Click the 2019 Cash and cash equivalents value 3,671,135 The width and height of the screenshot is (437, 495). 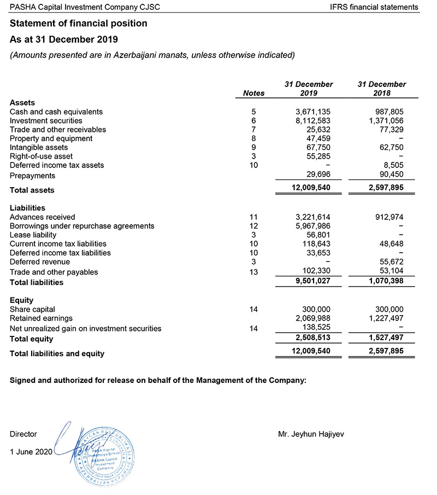click(x=313, y=112)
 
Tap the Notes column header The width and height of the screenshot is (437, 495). click(x=253, y=93)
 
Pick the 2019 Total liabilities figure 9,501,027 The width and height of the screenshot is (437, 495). click(x=312, y=282)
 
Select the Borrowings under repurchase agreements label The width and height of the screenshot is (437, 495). click(x=82, y=226)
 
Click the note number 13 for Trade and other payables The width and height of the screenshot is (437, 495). click(x=253, y=272)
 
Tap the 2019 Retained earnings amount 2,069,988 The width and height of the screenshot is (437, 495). click(x=313, y=318)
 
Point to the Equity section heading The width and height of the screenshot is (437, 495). click(x=22, y=300)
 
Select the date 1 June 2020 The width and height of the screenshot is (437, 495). click(x=31, y=452)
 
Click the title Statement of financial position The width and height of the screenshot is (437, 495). click(x=79, y=24)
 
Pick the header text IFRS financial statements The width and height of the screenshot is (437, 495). click(x=374, y=7)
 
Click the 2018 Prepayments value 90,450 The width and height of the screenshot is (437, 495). click(x=389, y=176)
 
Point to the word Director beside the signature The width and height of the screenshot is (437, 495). click(x=23, y=434)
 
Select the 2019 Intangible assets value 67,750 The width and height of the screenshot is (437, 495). click(x=317, y=147)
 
